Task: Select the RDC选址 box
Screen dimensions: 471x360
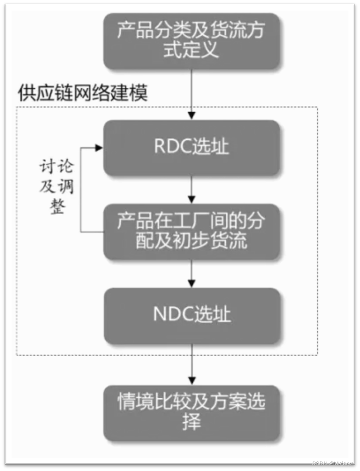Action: point(191,147)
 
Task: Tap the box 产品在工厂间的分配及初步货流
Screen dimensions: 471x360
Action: point(191,231)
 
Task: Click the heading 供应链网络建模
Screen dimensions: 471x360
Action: point(83,94)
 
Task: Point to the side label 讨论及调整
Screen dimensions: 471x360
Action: point(57,187)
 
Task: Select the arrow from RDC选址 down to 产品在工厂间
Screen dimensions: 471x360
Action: point(192,189)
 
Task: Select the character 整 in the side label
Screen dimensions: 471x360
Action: point(58,208)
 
